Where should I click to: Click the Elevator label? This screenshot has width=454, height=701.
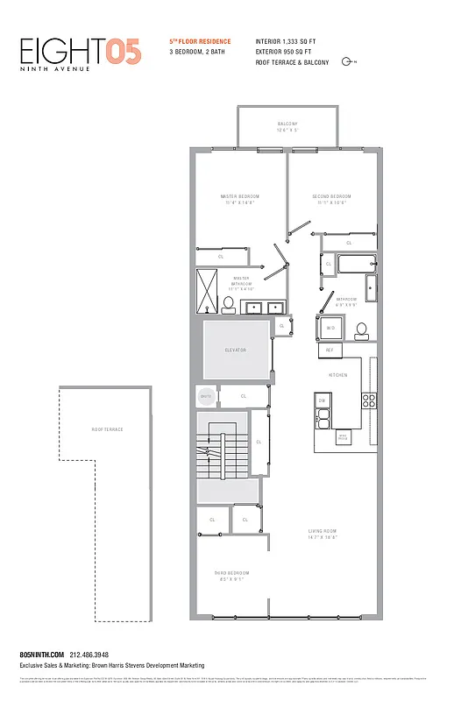(236, 350)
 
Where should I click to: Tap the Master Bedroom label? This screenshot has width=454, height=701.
(240, 196)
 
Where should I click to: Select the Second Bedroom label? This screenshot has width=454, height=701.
(331, 196)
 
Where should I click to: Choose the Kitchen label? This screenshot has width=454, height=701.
(338, 375)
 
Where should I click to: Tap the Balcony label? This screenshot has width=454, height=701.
(287, 124)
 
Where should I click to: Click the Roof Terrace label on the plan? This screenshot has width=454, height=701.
(108, 429)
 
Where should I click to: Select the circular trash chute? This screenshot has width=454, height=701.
(206, 396)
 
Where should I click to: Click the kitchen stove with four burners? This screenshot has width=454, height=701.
(369, 401)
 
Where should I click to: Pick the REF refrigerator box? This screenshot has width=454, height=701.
(330, 350)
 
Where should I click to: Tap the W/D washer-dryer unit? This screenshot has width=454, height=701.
(330, 329)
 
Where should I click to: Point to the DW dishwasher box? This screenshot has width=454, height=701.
(322, 401)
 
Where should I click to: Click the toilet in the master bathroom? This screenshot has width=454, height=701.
(228, 305)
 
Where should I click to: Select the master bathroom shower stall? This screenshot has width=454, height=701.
(208, 291)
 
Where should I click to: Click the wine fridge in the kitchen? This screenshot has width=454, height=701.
(343, 435)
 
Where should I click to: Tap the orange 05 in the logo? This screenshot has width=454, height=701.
(123, 53)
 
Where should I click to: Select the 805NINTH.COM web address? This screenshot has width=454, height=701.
(41, 655)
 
